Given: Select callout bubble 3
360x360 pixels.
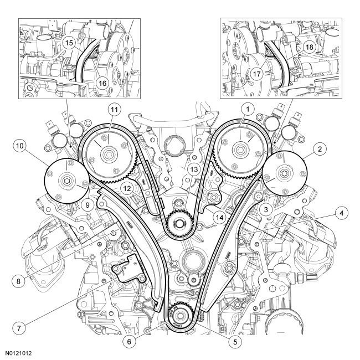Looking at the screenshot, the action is coord(266,209).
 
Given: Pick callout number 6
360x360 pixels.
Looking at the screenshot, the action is coord(130,341).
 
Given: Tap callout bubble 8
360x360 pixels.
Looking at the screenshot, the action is coord(20,281).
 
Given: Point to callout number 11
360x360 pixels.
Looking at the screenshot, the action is coord(114,109).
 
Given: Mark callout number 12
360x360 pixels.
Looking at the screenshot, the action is coord(127,189).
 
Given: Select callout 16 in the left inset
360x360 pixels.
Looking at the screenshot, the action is coord(102,81).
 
